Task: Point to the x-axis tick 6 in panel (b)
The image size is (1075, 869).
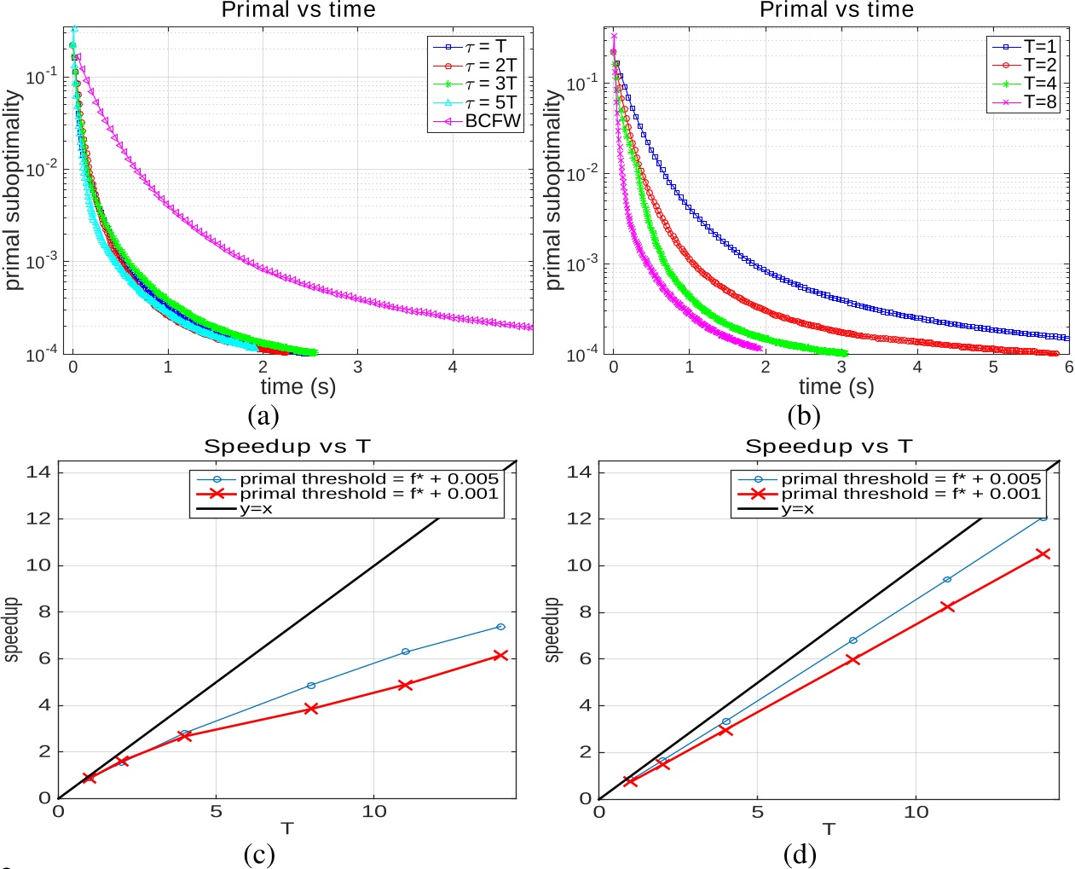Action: click(1068, 367)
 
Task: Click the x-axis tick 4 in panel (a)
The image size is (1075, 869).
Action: click(453, 367)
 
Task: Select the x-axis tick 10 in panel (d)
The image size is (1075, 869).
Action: click(916, 812)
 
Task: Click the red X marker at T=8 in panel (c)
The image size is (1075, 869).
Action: click(311, 709)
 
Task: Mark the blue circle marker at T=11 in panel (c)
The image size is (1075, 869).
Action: click(406, 652)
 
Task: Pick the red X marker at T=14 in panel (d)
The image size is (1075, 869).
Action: click(1042, 553)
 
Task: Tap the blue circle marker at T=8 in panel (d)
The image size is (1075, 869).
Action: click(852, 640)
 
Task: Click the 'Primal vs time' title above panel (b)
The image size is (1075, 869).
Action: click(836, 10)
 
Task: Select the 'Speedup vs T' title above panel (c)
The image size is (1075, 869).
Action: click(287, 446)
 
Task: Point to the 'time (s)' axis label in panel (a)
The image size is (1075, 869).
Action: click(298, 387)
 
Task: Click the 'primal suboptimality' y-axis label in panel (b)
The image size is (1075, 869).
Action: click(553, 190)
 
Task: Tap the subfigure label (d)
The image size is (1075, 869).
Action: click(800, 854)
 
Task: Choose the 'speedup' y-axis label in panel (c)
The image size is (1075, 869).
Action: click(11, 629)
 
